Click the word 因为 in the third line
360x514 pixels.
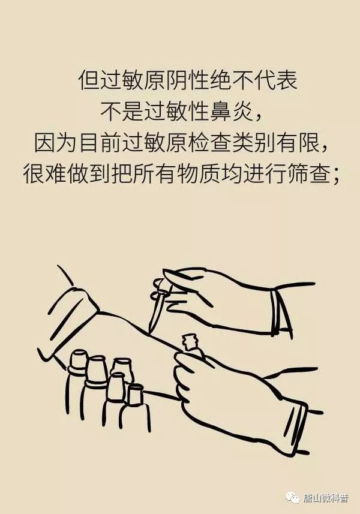(x=55, y=143)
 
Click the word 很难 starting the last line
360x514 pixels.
(x=43, y=174)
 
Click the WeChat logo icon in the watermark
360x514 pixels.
(x=293, y=498)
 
